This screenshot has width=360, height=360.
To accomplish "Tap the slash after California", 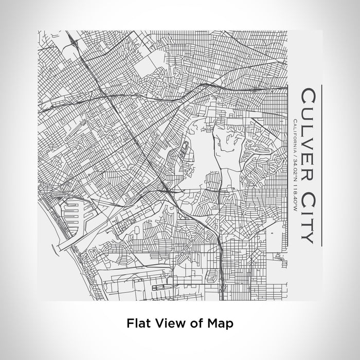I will point(293,153).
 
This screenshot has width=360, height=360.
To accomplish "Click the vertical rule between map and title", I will point(286,165).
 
